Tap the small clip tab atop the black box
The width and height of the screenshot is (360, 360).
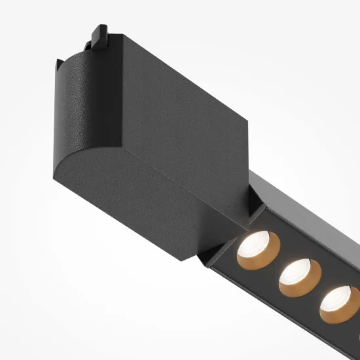point(99,33)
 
